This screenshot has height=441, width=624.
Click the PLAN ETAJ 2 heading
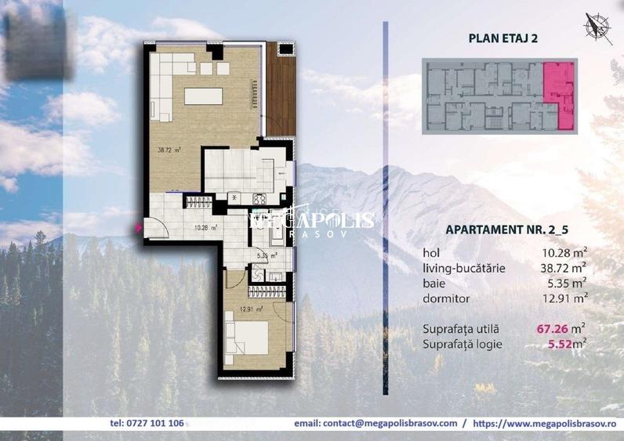pyautogui.click(x=502, y=36)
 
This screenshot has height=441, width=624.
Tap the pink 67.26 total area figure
pyautogui.click(x=551, y=330)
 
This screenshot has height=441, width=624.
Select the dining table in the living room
pyautogui.click(x=207, y=96)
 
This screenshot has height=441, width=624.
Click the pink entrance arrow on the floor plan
pyautogui.click(x=139, y=228)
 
